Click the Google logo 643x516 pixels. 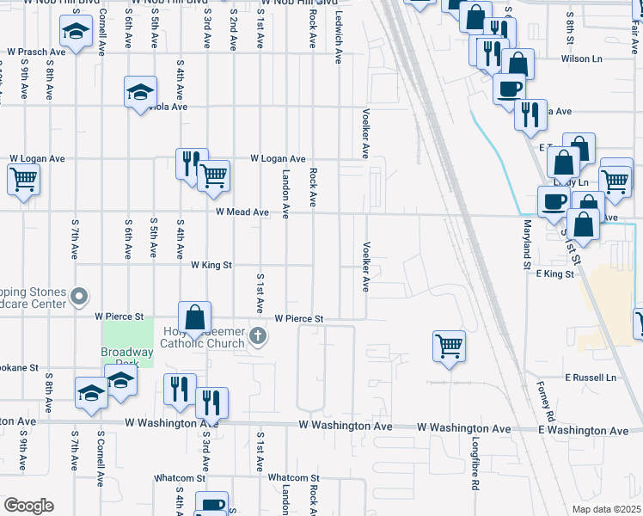pos(28,506)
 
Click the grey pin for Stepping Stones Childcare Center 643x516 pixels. pos(80,298)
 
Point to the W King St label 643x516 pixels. pos(211,266)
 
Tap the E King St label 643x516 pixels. pos(554,273)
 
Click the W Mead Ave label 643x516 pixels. pos(242,212)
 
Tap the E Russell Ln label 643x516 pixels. pos(591,378)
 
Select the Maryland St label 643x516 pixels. pos(526,245)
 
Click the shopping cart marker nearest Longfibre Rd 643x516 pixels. pos(449,346)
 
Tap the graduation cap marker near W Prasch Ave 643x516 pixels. pos(76,33)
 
